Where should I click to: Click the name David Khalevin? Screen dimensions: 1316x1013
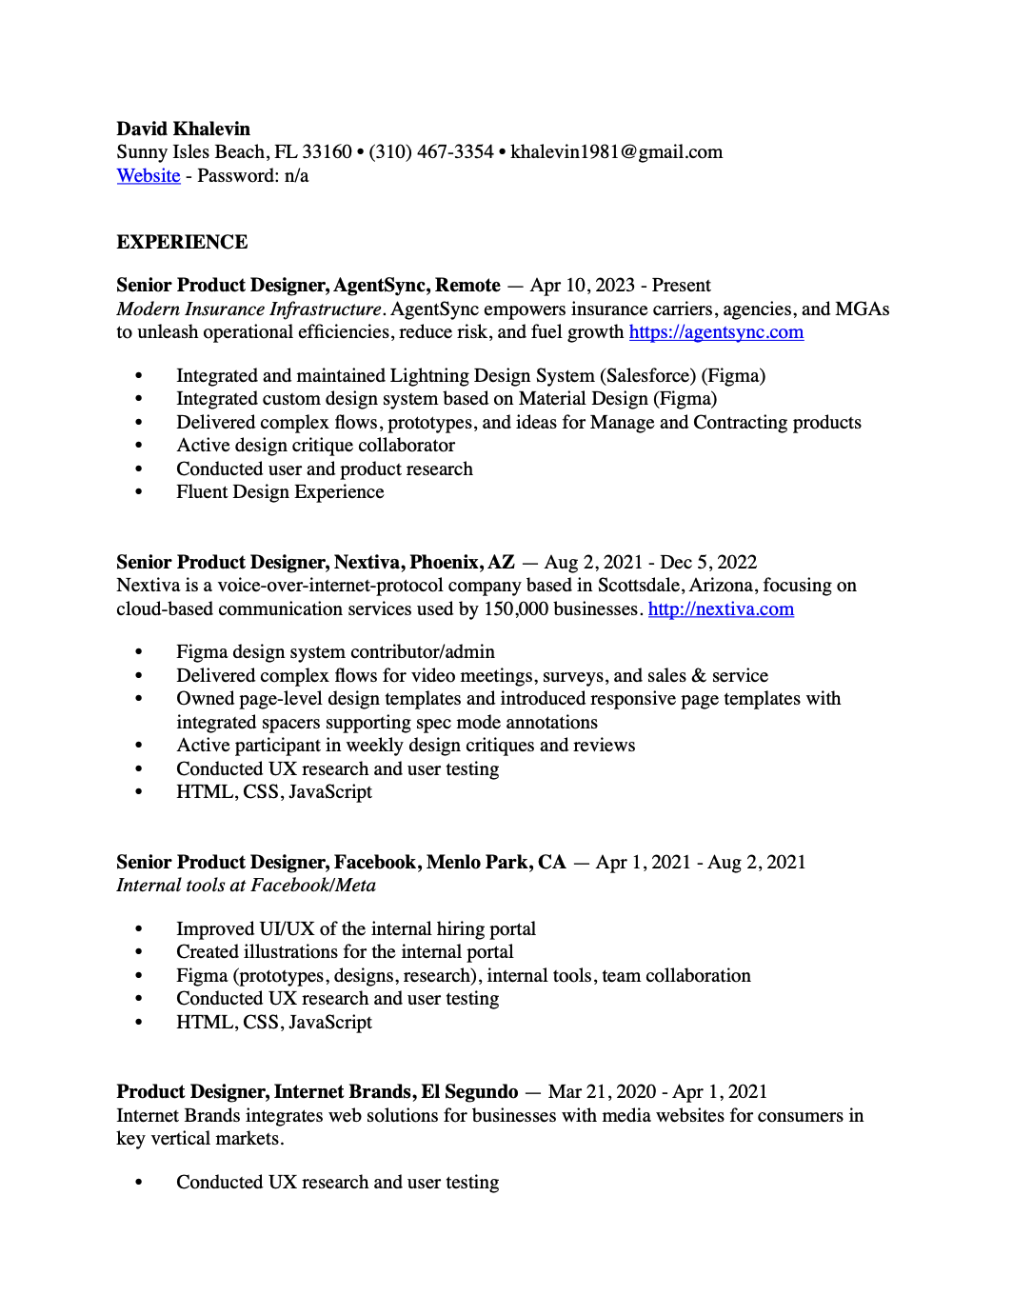coord(183,129)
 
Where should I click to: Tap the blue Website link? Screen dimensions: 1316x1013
coord(149,176)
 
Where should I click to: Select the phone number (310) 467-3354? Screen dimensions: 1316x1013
coord(431,152)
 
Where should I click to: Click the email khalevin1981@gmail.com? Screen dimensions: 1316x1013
coord(616,152)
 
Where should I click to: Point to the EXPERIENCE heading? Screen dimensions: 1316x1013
coord(182,242)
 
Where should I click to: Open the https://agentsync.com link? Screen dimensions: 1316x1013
coord(716,332)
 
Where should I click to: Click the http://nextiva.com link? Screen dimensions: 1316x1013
coord(721,609)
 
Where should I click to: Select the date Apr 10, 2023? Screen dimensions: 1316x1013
coord(583,286)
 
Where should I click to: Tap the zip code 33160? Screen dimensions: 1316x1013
coord(327,152)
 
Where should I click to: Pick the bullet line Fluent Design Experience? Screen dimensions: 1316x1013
coord(280,492)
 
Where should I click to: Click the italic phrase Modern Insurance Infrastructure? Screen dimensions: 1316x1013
coord(249,309)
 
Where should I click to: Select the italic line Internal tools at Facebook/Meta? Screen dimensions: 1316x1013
coord(246,886)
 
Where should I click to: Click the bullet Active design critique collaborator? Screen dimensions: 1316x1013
coord(315,446)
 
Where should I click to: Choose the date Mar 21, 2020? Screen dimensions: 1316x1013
coord(603,1092)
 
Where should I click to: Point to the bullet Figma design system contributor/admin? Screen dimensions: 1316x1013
coord(335,652)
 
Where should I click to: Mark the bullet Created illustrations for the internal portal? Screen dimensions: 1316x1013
coord(345,952)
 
